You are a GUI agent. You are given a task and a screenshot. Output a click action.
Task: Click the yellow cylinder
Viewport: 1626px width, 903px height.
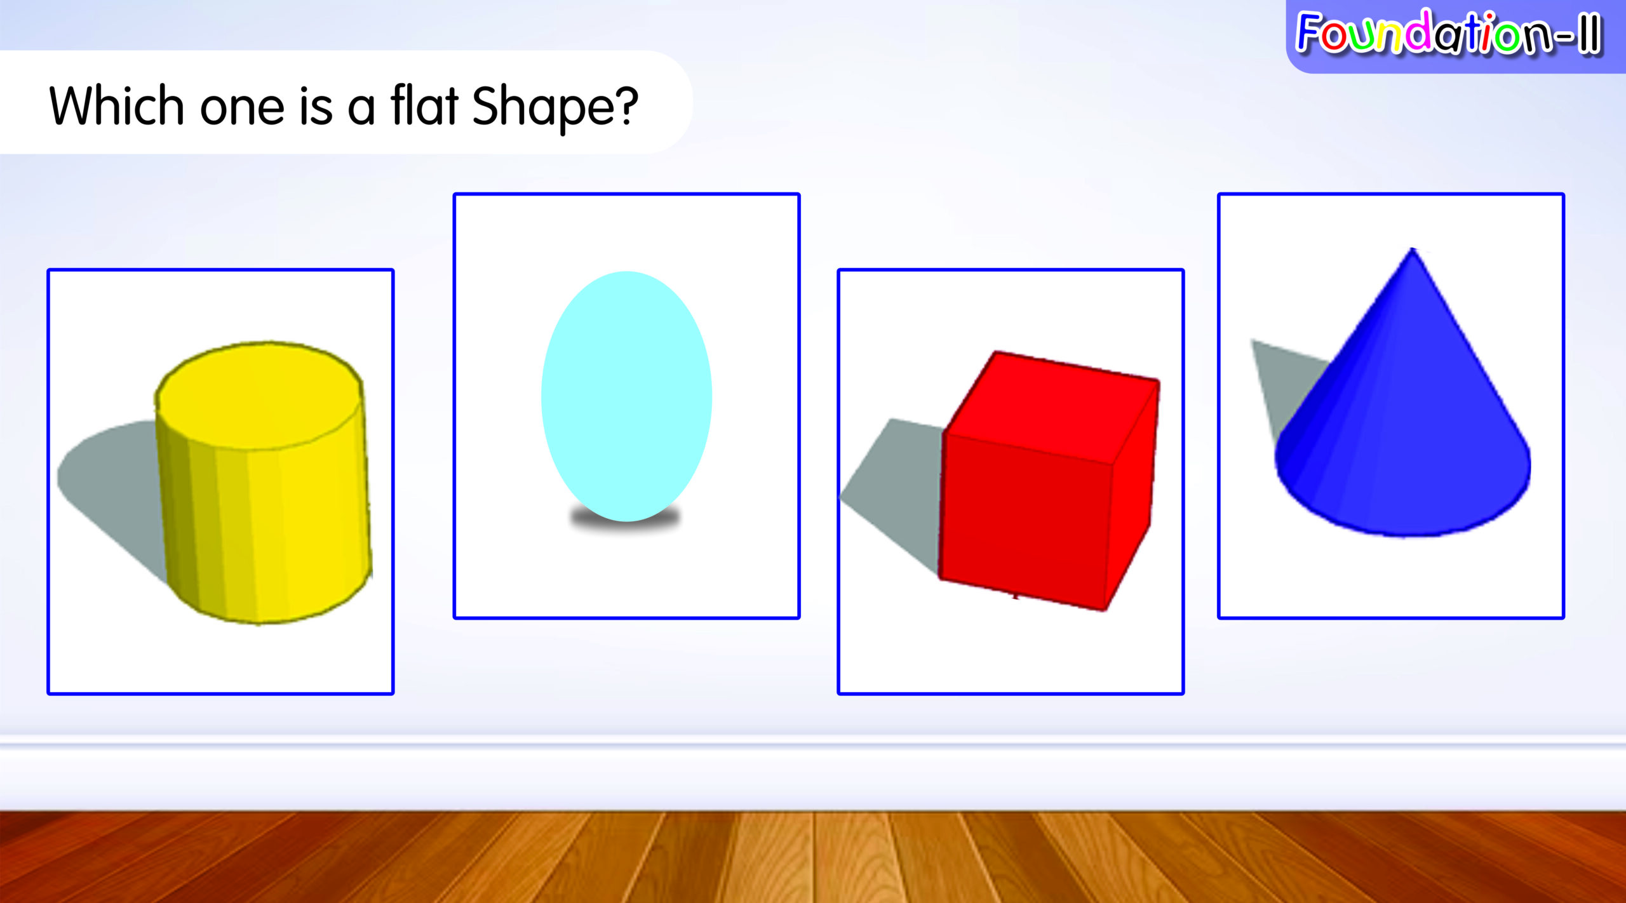click(263, 483)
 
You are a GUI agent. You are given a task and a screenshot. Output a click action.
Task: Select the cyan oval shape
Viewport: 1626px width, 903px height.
click(626, 396)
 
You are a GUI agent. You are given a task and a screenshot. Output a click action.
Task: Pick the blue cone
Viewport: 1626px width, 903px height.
click(1402, 406)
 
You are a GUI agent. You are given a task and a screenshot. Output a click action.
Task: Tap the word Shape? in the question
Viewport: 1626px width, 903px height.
click(555, 108)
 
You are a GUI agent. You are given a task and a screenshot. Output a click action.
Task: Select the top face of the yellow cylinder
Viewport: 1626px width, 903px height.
click(259, 396)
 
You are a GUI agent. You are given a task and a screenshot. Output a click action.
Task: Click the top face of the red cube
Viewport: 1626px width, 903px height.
click(1052, 407)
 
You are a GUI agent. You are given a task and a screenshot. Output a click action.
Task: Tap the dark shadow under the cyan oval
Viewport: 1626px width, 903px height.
click(626, 518)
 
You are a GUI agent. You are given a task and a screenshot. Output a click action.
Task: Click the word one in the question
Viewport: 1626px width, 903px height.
click(242, 107)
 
